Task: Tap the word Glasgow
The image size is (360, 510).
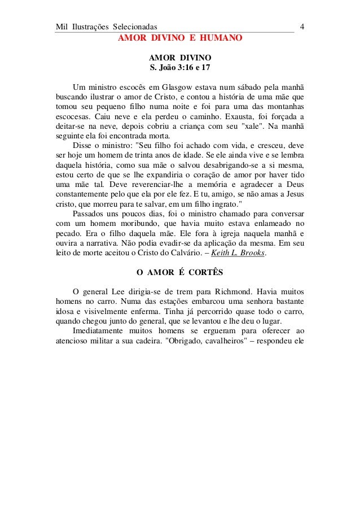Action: tap(178, 87)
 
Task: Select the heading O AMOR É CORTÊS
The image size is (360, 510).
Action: tap(180, 272)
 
